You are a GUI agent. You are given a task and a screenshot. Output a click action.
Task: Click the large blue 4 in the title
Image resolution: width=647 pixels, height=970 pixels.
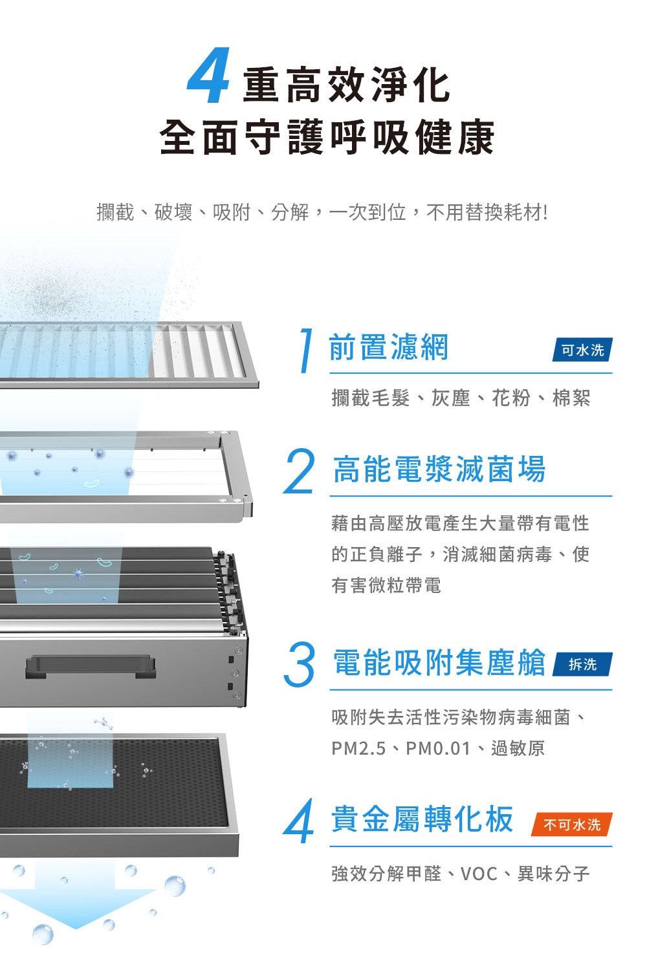209,76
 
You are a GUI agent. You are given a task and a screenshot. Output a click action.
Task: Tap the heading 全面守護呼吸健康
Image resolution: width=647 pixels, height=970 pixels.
327,137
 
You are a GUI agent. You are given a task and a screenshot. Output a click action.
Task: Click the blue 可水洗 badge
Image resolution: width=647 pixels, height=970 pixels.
582,349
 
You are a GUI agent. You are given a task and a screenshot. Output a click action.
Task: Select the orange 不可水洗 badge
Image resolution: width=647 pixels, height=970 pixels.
572,824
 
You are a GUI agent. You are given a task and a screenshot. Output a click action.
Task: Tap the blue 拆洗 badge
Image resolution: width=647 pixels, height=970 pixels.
582,664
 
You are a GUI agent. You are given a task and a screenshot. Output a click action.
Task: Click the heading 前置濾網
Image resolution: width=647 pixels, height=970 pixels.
388,347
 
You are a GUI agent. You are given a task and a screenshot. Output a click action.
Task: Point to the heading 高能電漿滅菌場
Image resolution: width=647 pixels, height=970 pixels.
439,469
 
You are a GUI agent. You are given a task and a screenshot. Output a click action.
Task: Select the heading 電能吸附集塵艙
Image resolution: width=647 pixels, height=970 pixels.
439,663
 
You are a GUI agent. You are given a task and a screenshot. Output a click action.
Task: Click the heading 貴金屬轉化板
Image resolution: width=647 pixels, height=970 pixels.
422,819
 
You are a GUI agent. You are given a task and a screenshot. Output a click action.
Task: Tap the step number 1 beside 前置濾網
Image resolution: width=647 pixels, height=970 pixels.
305,350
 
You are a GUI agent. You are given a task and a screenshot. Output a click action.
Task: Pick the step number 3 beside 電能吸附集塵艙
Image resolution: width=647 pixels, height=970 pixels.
299,665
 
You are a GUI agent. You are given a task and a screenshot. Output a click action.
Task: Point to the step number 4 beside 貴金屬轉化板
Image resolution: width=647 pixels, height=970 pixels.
298,821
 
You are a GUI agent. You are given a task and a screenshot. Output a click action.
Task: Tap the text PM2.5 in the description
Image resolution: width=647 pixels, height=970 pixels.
358,748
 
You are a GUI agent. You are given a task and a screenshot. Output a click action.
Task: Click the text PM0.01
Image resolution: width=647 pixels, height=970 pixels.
438,748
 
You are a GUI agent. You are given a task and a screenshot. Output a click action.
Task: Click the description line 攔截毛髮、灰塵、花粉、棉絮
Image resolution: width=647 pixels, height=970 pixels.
461,398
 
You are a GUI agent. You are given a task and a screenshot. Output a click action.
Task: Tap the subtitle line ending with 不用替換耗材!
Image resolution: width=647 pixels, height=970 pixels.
322,212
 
